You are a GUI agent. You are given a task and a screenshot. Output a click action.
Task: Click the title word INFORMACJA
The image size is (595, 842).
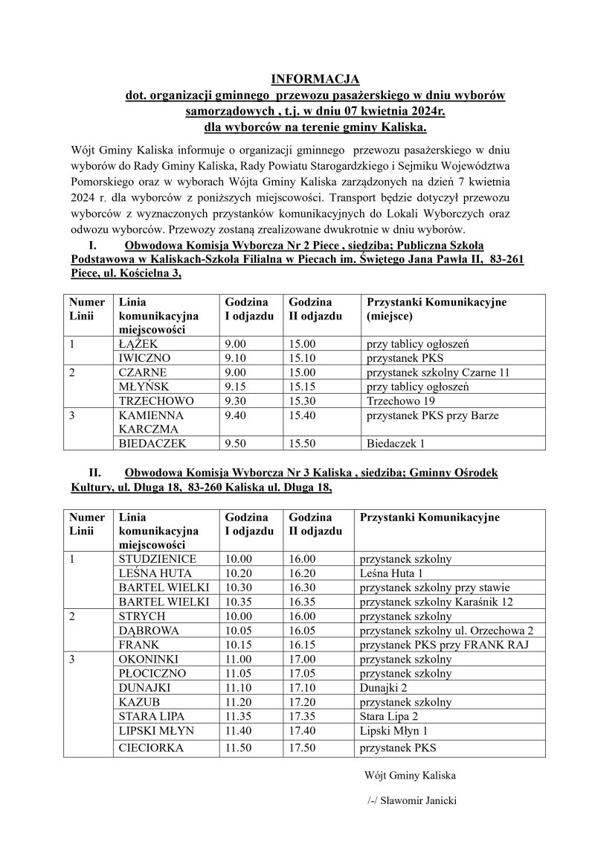pyautogui.click(x=315, y=79)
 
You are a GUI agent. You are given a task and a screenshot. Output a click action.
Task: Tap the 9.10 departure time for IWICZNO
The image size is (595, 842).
pyautogui.click(x=235, y=358)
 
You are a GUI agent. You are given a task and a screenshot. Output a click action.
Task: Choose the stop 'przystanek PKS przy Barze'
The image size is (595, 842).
pyautogui.click(x=432, y=415)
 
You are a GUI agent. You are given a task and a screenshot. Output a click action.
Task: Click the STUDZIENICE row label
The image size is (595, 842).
pyautogui.click(x=158, y=559)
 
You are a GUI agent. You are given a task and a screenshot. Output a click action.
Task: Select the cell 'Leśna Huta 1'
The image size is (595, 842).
pyautogui.click(x=391, y=573)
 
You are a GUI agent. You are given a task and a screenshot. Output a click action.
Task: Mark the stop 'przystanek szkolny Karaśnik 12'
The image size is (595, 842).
pyautogui.click(x=440, y=602)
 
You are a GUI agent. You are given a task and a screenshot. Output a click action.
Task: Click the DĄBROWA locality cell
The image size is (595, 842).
pyautogui.click(x=149, y=630)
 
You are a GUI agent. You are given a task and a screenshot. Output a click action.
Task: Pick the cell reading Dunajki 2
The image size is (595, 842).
pyautogui.click(x=385, y=687)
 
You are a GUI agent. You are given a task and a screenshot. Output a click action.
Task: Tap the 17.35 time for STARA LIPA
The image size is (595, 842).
pyautogui.click(x=303, y=716)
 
